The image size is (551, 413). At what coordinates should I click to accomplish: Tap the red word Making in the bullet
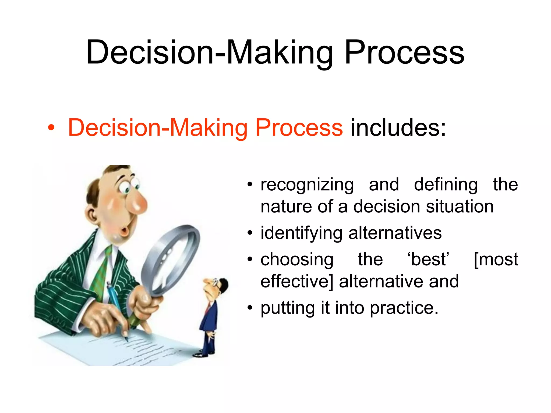[209, 128]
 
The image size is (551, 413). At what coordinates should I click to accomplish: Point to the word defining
[446, 185]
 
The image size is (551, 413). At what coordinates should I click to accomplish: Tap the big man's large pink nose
[137, 202]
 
